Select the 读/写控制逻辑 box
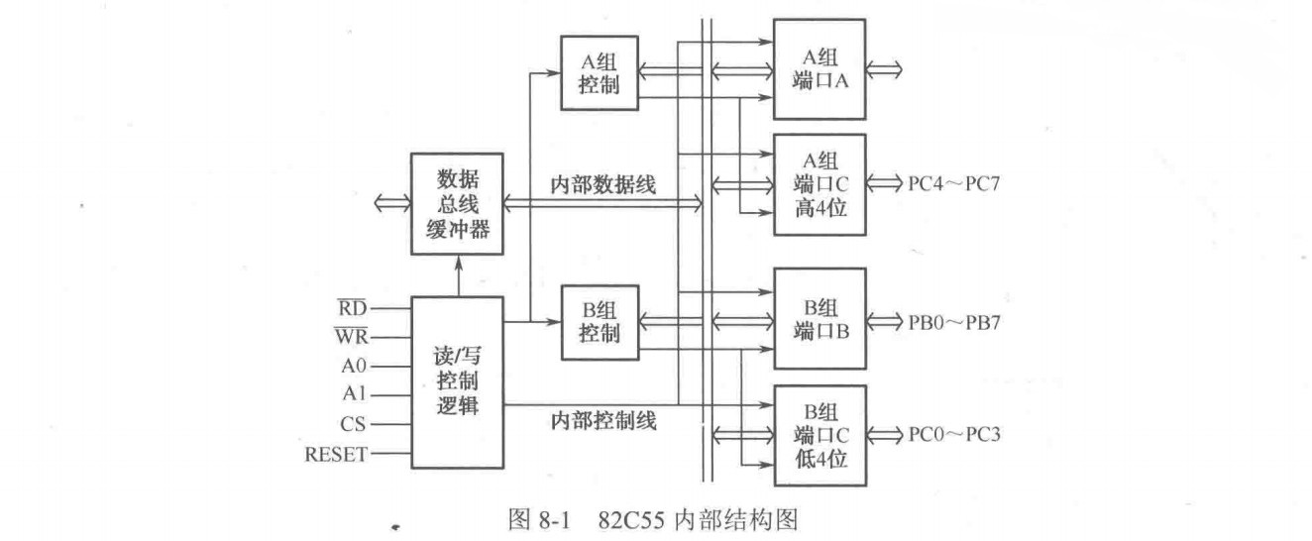457,380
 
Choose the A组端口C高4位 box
819,184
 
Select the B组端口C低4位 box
819,435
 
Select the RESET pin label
337,455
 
